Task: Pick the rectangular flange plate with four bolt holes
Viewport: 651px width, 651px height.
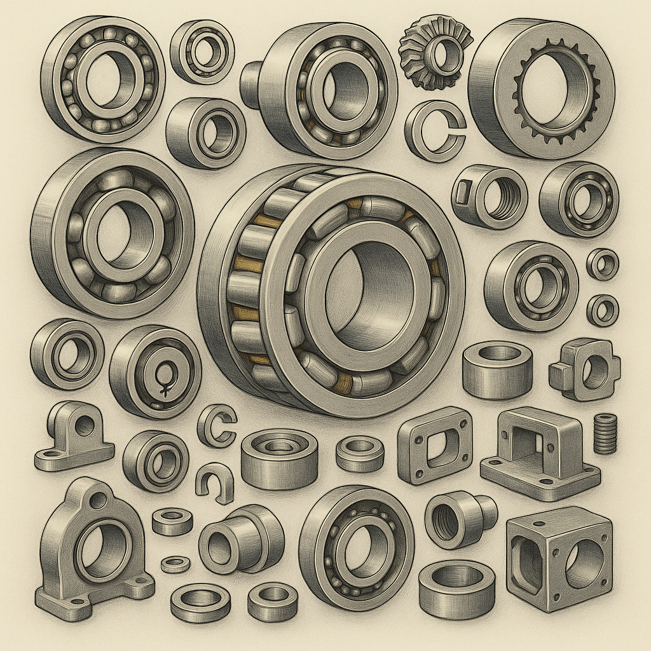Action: [435, 444]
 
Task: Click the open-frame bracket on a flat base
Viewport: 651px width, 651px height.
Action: [540, 451]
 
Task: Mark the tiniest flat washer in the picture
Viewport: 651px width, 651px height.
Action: [175, 563]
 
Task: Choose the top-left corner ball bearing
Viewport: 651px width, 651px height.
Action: [102, 78]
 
